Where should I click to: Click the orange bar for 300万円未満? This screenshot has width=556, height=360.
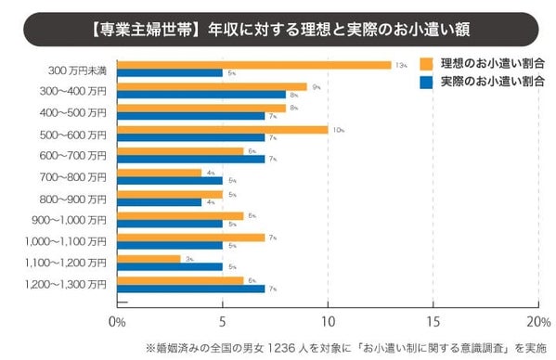pos(254,65)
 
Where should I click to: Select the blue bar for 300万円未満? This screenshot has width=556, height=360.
pos(170,72)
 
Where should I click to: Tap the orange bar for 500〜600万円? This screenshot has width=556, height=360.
pos(223,130)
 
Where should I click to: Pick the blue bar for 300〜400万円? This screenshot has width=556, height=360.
pos(201,94)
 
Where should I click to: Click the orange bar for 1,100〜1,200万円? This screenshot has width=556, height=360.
pos(149,258)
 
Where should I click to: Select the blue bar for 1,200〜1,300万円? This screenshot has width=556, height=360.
pos(191,288)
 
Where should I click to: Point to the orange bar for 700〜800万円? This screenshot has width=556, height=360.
pos(159,173)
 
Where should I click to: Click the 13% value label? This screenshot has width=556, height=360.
pos(400,65)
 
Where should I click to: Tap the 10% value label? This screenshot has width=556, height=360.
pos(337,130)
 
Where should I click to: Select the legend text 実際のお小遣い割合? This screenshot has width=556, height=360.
pos(492,82)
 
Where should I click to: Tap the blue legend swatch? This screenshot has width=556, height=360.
pos(427,82)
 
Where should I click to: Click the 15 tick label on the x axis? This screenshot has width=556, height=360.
pos(433,321)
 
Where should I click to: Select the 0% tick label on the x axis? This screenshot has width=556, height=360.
pos(118,321)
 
